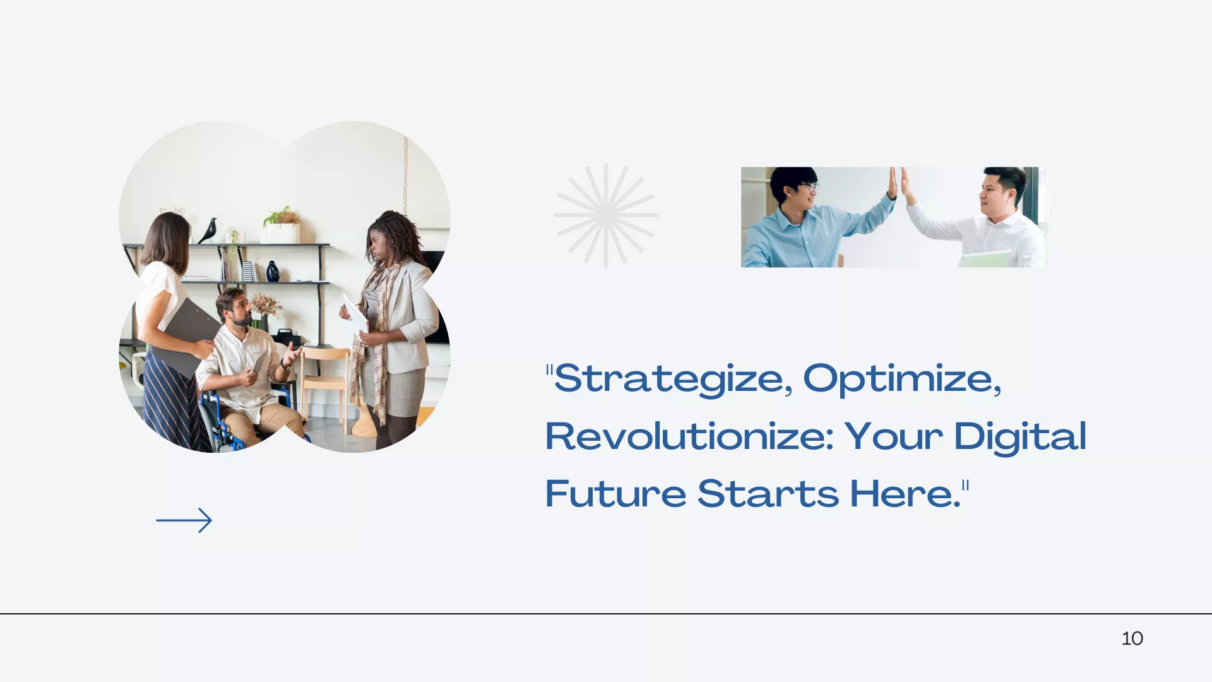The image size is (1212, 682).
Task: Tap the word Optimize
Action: (x=902, y=379)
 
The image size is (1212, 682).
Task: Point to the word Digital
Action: (x=1020, y=437)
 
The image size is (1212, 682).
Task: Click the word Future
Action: (x=615, y=493)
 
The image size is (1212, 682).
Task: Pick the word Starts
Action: (x=768, y=493)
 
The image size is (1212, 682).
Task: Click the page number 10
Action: (x=1132, y=638)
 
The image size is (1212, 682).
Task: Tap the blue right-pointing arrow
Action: (x=184, y=520)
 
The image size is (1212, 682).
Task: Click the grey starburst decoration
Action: (x=606, y=215)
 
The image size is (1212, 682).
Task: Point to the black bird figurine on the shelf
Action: (x=208, y=231)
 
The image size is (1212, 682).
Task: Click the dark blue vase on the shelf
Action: (x=273, y=271)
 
